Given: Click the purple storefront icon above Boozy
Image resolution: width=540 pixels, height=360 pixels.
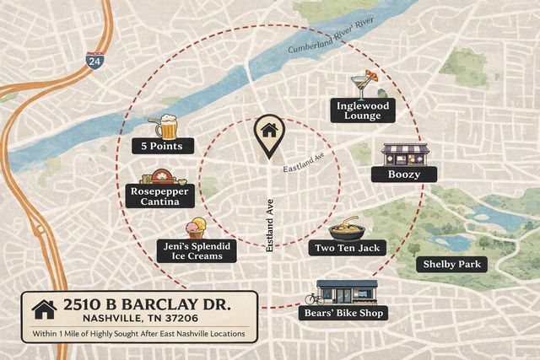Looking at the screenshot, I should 405,154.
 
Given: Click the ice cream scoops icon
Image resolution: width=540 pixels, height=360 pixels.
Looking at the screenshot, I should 196,231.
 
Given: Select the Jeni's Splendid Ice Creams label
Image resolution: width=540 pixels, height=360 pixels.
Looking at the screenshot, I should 195,250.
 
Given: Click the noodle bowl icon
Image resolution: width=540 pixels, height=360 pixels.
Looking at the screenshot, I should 346,228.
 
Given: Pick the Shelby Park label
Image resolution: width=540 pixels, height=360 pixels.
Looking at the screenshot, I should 452,264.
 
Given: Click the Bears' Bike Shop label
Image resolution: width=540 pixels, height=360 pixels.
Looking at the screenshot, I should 343,313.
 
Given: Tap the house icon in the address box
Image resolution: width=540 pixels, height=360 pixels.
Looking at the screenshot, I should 43,309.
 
